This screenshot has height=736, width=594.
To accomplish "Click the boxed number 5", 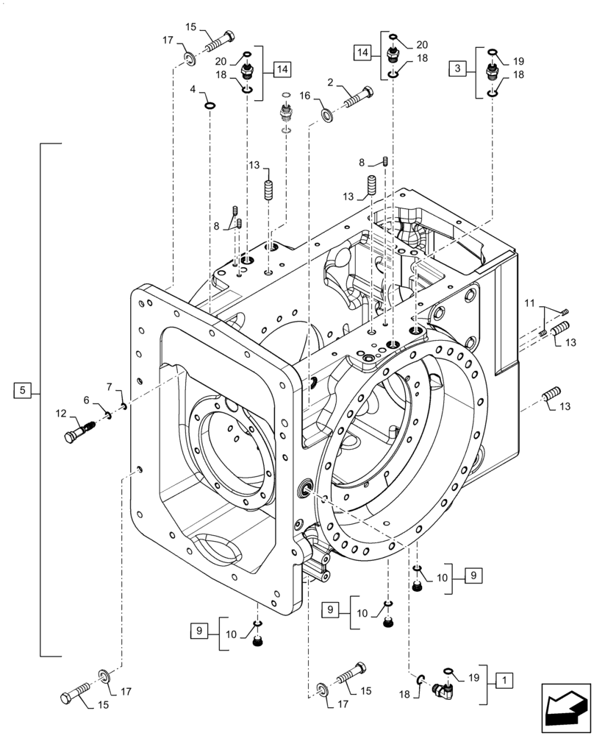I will (x=23, y=390).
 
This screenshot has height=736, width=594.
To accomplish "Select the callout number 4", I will (x=193, y=90).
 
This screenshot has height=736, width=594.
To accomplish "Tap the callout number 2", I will (x=332, y=82).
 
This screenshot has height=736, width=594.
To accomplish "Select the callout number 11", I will (x=529, y=302).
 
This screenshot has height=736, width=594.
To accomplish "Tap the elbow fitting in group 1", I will (x=445, y=690).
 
